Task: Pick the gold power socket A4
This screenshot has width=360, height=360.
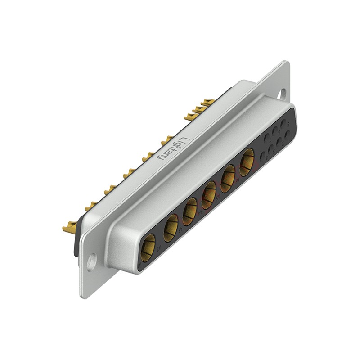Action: coord(209,195)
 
